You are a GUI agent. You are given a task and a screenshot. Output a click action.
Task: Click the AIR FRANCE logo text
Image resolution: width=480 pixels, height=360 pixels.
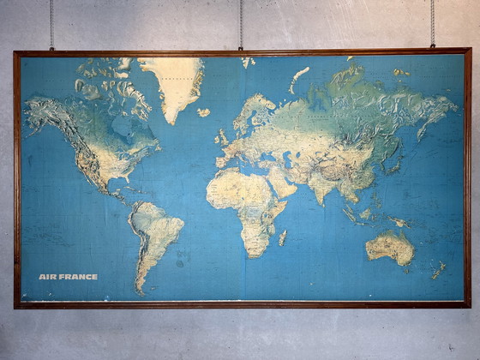(x=68, y=277)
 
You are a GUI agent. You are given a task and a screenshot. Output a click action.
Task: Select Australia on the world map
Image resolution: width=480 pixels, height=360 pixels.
(x=390, y=248)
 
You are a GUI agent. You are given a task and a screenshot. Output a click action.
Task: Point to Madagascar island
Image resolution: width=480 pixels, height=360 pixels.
(x=282, y=237)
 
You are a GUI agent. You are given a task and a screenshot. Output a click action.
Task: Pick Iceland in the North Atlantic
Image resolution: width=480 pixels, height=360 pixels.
(x=203, y=112)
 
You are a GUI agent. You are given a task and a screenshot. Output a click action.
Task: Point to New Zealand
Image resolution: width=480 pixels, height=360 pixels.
(x=438, y=271)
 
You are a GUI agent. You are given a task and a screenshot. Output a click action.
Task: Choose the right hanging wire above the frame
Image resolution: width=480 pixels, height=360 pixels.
(x=432, y=23)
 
